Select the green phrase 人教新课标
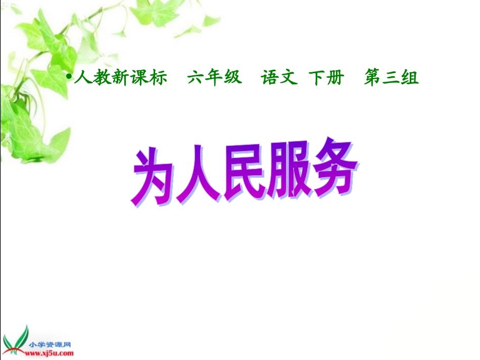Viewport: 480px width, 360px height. (120, 78)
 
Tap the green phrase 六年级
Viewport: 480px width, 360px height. (214, 78)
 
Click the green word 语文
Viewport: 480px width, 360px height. (279, 78)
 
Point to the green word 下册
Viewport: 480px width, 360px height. (326, 78)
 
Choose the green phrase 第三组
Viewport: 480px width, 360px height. (391, 78)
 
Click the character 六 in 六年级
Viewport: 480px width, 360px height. (196, 78)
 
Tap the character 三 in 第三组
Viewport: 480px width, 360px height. (391, 78)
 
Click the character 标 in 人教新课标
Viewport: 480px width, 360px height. (158, 78)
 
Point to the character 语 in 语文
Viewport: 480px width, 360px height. (270, 78)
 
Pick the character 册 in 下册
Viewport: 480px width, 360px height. (335, 78)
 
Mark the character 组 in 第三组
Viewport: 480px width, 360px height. (410, 78)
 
